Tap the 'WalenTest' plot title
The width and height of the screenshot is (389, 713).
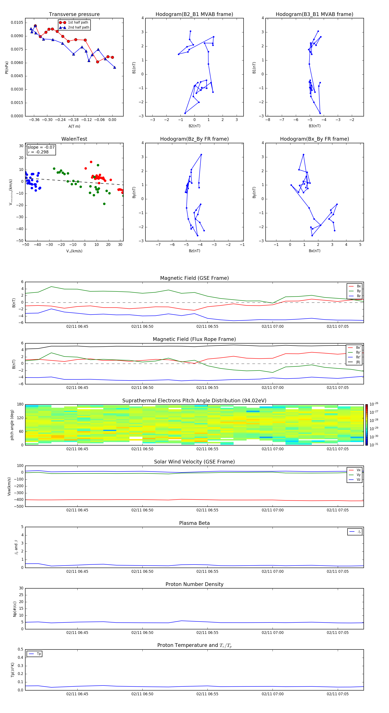(74, 139)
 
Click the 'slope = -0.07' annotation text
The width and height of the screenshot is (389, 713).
(41, 147)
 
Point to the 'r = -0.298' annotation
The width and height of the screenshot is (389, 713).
(38, 152)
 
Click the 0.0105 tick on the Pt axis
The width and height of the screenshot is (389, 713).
(17, 22)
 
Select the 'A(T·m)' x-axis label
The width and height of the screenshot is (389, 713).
(74, 126)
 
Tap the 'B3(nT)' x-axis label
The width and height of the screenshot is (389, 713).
(314, 126)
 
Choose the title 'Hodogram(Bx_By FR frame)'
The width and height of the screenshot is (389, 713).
(314, 139)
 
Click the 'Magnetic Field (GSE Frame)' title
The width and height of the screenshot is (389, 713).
(194, 278)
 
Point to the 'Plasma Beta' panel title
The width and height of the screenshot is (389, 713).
(194, 523)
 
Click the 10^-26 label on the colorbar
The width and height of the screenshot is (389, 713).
(374, 404)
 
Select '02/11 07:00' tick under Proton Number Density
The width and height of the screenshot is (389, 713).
(273, 632)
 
